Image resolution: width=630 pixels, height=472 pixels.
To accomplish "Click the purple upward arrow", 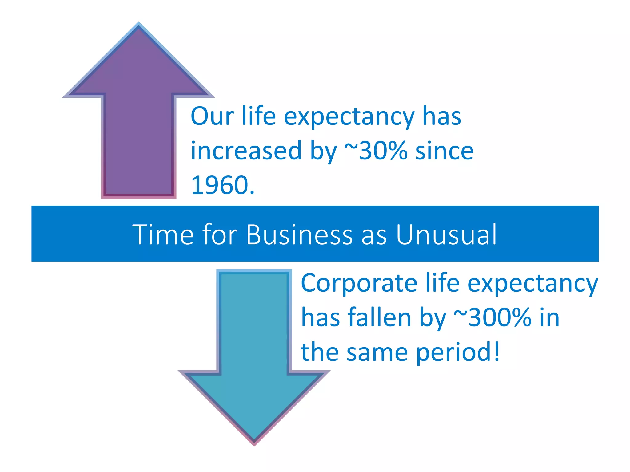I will [138, 123].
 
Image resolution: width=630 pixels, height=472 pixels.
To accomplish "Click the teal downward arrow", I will [254, 353].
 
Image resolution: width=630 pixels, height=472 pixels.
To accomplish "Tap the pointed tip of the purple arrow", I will [138, 25].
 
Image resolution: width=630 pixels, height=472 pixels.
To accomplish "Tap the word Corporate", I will [359, 283].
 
